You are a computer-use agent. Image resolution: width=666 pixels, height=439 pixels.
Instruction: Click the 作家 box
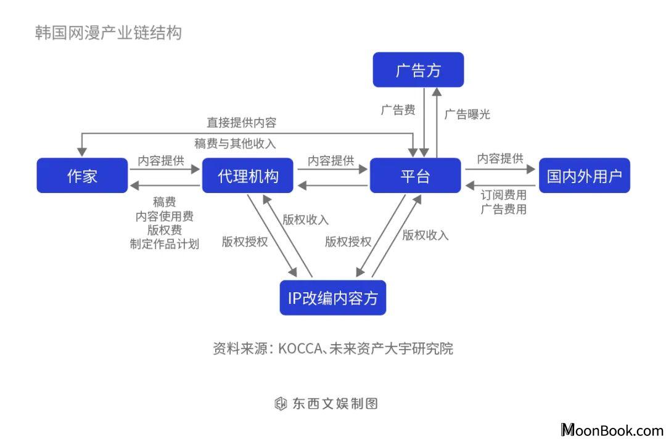[82, 175]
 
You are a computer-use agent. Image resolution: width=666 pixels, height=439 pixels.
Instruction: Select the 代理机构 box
[248, 175]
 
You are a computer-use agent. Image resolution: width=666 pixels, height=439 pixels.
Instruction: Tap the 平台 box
[415, 175]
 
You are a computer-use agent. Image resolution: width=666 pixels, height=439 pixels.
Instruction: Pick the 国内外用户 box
[585, 175]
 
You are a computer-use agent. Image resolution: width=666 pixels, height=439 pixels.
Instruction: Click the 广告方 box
[418, 70]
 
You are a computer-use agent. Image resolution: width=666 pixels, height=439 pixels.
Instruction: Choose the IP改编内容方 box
[332, 298]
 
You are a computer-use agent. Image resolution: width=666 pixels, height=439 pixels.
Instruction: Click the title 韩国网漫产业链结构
[109, 33]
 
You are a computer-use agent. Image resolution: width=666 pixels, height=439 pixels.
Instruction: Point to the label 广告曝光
[467, 114]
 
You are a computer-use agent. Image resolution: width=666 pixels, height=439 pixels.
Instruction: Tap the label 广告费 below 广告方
[398, 110]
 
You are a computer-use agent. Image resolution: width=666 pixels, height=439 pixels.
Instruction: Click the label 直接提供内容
[242, 123]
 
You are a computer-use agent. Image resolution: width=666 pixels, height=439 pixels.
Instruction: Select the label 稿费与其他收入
[236, 144]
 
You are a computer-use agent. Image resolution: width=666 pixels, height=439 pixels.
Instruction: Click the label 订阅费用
[504, 195]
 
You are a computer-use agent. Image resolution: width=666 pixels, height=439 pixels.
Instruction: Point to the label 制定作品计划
[165, 244]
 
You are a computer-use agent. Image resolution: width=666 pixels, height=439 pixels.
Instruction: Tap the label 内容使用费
[165, 216]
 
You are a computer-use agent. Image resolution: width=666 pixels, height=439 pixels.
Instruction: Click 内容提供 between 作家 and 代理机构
[161, 161]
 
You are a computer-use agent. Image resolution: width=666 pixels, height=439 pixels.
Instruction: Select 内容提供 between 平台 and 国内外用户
[500, 159]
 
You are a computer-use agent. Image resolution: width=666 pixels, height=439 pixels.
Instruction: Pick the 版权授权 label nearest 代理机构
[245, 242]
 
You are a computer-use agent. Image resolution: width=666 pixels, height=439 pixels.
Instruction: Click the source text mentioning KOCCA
[333, 348]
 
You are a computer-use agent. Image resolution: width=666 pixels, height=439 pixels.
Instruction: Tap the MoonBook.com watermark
[612, 430]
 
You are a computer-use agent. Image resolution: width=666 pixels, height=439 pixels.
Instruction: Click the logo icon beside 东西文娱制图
[281, 403]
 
